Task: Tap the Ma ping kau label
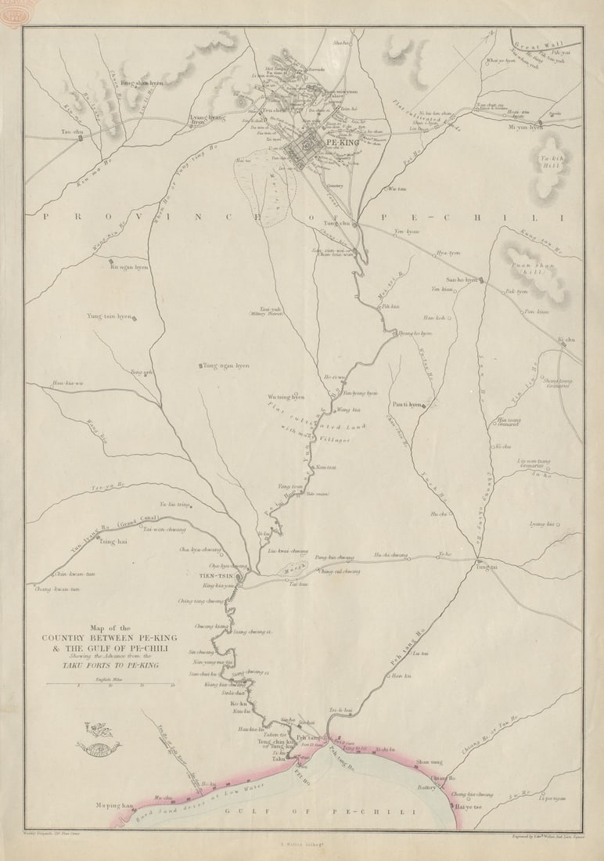[x=111, y=804]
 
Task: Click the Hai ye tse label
[x=469, y=805]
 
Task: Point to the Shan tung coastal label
[x=429, y=762]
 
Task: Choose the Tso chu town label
[x=72, y=131]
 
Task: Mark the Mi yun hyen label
[x=526, y=127]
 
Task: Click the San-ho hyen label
[x=462, y=279]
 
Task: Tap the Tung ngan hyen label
[x=226, y=366]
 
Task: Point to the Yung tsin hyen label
[x=110, y=316]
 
